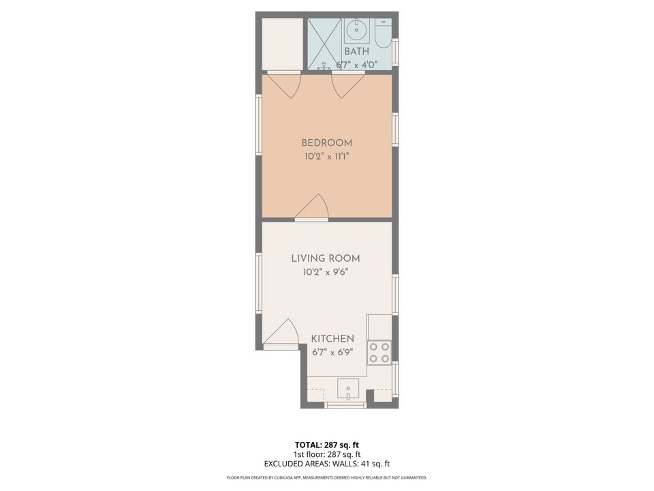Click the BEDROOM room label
pos(326,143)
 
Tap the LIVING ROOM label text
pos(326,258)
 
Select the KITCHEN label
pos(332,339)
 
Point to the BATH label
pos(356,51)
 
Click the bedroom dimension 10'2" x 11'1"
pos(326,157)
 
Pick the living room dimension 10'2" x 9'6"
pos(326,273)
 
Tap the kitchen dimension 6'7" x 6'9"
pos(332,353)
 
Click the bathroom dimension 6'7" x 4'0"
pos(356,65)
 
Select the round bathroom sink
pos(356,30)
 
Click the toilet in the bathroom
pos(383,33)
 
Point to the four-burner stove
pos(379,353)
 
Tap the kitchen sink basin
pos(348,388)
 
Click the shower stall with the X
pos(324,44)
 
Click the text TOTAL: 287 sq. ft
pos(326,445)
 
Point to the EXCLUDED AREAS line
pos(326,464)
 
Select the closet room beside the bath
pos(282,44)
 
